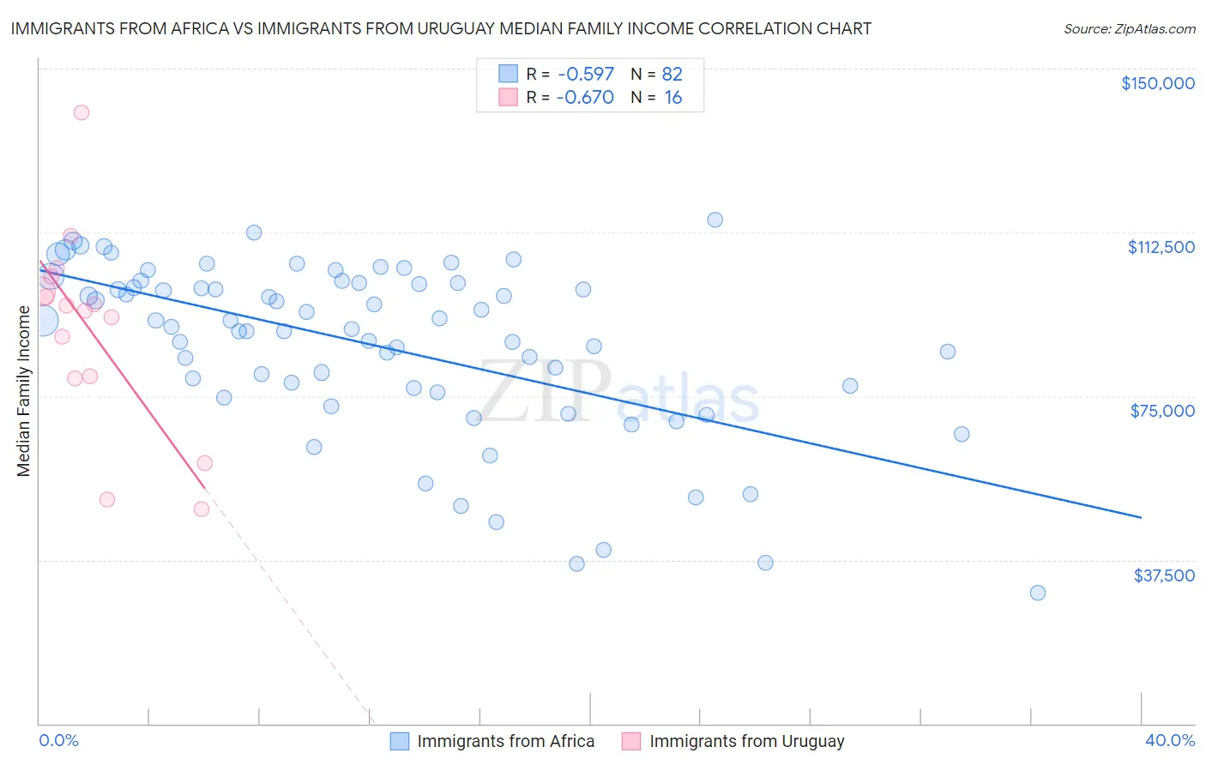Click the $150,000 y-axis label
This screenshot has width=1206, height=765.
[x=1157, y=83]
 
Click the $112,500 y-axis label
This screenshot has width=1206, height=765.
[x=1161, y=247]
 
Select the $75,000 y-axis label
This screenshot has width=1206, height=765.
[x=1162, y=411]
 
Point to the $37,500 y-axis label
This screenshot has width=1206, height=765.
[x=1164, y=575]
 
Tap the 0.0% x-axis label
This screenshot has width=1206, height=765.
[x=58, y=741]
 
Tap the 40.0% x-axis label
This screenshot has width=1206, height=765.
[x=1169, y=741]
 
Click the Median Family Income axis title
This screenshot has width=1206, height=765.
[x=23, y=391]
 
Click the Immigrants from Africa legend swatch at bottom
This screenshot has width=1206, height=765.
[x=399, y=741]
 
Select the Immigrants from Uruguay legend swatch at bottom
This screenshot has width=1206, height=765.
[x=631, y=741]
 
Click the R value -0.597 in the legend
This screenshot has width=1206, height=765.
[x=585, y=75]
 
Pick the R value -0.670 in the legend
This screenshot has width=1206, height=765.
[x=585, y=98]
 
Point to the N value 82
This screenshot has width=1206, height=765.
[x=672, y=75]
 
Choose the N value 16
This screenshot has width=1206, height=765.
[x=672, y=98]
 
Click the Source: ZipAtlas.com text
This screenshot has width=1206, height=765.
[x=1129, y=29]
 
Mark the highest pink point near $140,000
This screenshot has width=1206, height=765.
[x=81, y=112]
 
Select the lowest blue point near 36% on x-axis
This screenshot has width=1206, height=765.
[x=1037, y=593]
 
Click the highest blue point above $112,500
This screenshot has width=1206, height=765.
[x=715, y=220]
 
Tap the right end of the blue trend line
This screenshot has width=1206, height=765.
[x=1141, y=517]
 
